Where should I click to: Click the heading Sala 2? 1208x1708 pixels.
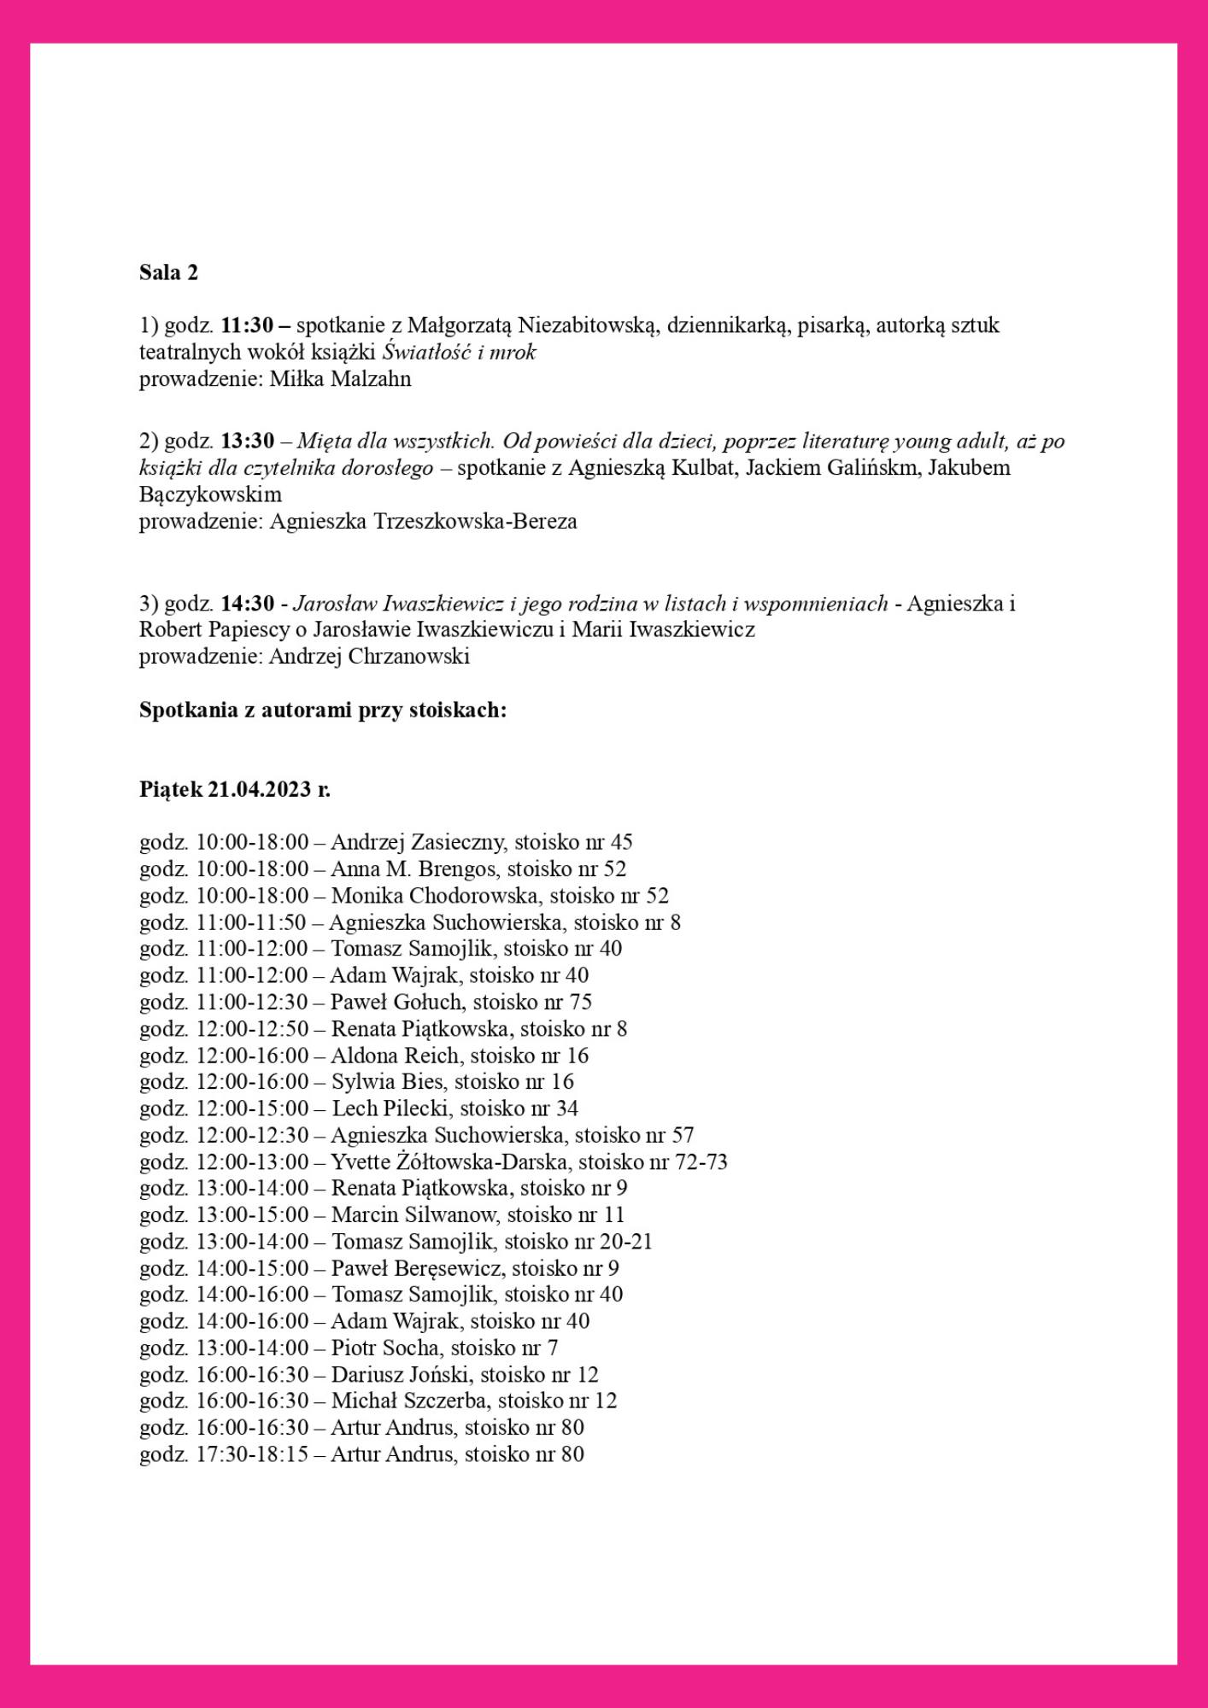[x=168, y=272]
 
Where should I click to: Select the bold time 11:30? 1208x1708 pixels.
[x=247, y=325]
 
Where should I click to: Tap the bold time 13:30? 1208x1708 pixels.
[x=248, y=442]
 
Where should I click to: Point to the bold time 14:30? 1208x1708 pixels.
[x=248, y=604]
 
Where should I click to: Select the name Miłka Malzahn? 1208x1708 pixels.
[x=340, y=379]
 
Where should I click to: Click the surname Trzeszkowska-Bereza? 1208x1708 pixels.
[x=475, y=522]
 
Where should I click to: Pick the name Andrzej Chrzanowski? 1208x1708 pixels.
[x=369, y=657]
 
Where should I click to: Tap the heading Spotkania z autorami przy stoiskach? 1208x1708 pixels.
[x=323, y=711]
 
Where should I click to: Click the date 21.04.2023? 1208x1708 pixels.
[x=259, y=790]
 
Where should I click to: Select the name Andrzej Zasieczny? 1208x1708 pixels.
[x=419, y=842]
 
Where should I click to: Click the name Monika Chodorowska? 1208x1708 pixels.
[x=436, y=896]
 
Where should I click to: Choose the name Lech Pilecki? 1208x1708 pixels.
[x=390, y=1108]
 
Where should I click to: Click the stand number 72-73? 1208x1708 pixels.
[x=701, y=1162]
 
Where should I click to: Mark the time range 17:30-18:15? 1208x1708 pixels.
[x=252, y=1454]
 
